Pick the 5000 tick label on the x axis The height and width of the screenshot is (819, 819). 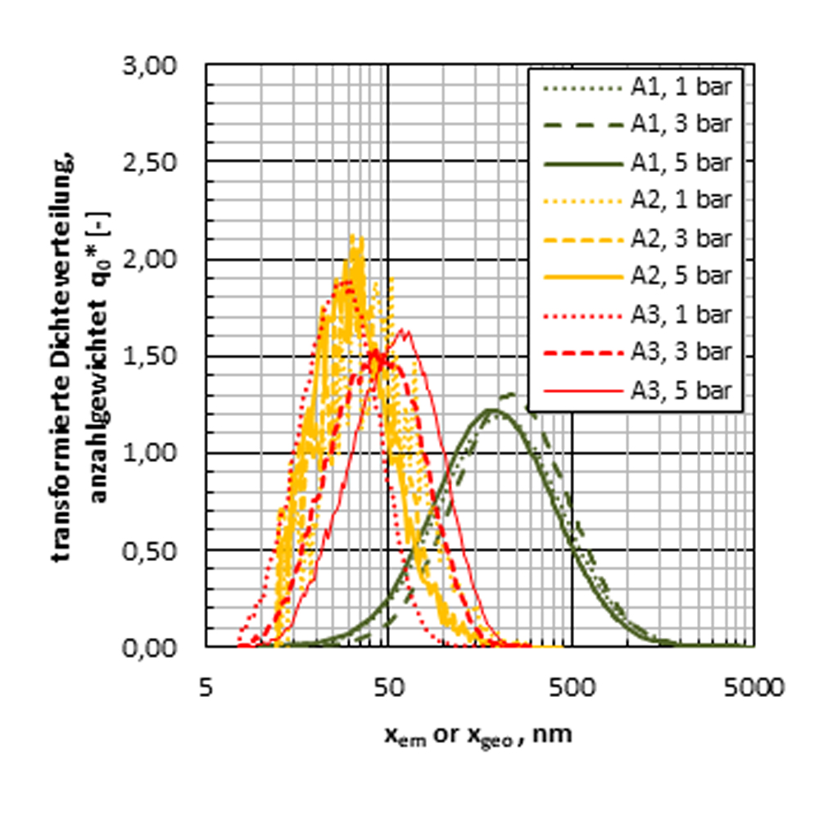pyautogui.click(x=753, y=686)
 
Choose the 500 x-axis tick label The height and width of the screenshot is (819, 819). pyautogui.click(x=572, y=686)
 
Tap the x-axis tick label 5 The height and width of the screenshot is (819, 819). pyautogui.click(x=206, y=686)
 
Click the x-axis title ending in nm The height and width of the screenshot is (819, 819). pyautogui.click(x=478, y=735)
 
